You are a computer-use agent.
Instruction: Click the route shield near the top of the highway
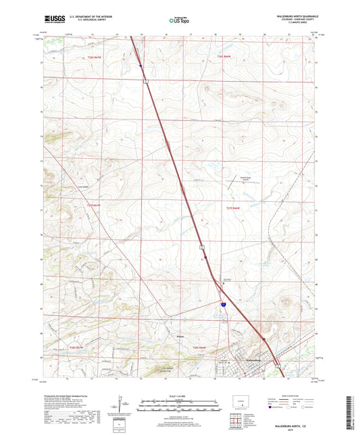point(145,80)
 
